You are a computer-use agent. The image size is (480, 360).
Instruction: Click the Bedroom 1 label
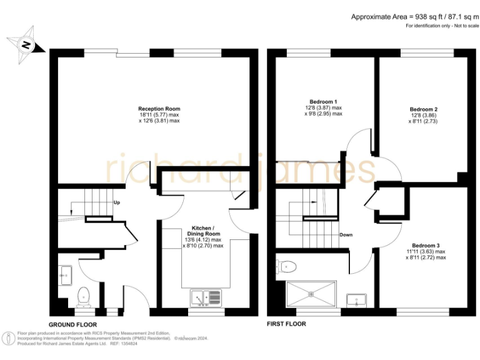(x=323, y=102)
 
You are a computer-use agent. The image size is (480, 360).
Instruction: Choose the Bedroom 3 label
(x=424, y=245)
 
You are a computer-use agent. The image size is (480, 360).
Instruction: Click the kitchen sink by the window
(x=206, y=298)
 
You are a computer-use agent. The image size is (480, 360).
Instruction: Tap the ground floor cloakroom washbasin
(x=64, y=273)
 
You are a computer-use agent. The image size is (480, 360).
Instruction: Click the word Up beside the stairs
(x=117, y=202)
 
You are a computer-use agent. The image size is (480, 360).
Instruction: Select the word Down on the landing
(x=346, y=235)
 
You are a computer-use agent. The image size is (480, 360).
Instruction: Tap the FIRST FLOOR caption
(x=286, y=324)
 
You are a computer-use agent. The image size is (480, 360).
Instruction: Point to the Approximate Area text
(x=414, y=16)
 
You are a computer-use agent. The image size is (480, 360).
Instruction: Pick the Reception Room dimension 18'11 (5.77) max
(x=159, y=114)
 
